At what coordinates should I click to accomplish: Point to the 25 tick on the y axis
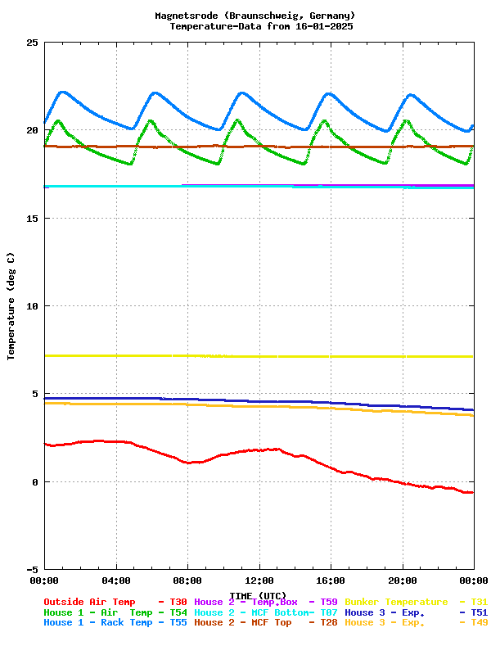click(x=33, y=43)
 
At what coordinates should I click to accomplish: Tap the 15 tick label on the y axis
click(x=33, y=219)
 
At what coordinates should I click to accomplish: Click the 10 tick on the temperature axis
click(x=33, y=306)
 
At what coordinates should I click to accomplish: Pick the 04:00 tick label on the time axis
click(x=116, y=580)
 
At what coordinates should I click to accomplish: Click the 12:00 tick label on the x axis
click(x=259, y=580)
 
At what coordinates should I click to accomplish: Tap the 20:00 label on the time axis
click(x=403, y=580)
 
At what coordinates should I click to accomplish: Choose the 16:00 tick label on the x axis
click(x=331, y=580)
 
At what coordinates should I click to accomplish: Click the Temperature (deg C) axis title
click(x=11, y=306)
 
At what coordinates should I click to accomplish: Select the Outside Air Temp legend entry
click(x=89, y=602)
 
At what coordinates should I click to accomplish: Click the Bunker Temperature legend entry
click(x=396, y=602)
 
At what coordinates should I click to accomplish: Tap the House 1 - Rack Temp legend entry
click(x=97, y=622)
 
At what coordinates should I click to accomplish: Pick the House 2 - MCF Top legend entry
click(x=242, y=622)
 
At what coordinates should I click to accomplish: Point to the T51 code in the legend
click(x=480, y=612)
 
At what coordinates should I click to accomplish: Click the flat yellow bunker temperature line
click(x=245, y=356)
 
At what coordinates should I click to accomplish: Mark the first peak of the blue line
click(x=62, y=92)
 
